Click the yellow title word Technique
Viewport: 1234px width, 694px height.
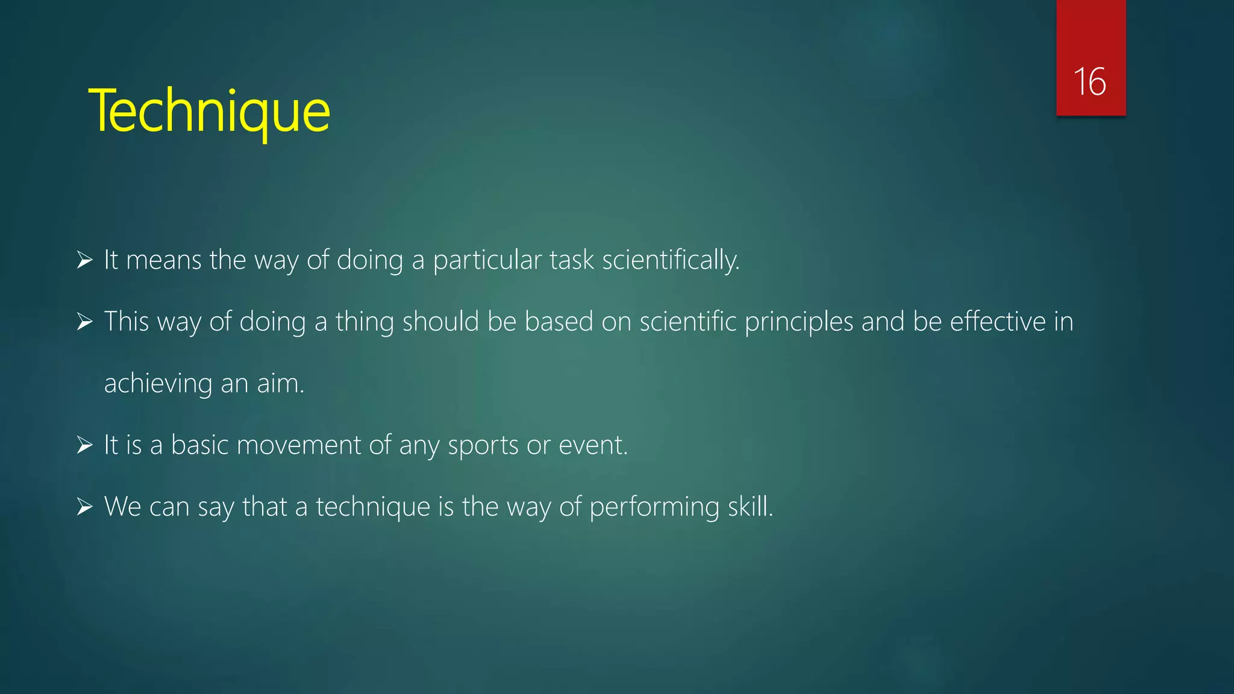(x=209, y=111)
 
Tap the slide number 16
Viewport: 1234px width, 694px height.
(x=1089, y=82)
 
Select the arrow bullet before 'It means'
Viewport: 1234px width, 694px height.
(x=84, y=260)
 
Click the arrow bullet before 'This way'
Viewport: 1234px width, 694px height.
(x=84, y=322)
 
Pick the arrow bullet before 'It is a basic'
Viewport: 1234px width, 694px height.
(x=84, y=445)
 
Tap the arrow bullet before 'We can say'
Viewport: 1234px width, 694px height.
(x=84, y=507)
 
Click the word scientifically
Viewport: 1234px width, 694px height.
(x=670, y=260)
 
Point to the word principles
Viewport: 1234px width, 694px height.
(x=799, y=322)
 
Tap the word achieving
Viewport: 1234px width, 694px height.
(x=158, y=384)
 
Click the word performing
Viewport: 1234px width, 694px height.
(x=654, y=507)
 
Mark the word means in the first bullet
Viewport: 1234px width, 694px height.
(x=164, y=260)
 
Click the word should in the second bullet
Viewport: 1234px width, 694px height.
(x=440, y=322)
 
